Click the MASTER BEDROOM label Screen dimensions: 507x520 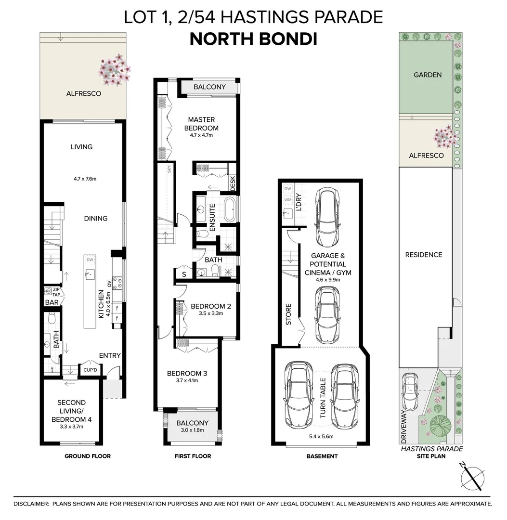(x=201, y=124)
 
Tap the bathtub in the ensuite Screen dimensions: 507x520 (x=230, y=209)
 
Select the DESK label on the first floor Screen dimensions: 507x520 (x=233, y=183)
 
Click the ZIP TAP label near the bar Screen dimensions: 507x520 (x=56, y=292)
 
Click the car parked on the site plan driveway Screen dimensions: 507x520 (x=410, y=391)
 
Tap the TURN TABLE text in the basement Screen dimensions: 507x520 (x=323, y=398)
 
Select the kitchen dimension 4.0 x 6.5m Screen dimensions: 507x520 (x=108, y=304)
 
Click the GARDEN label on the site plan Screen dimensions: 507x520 (x=428, y=75)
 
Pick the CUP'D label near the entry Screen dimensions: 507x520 (x=90, y=370)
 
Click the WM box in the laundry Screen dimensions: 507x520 (x=288, y=200)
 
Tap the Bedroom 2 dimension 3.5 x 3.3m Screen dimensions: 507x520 (x=211, y=313)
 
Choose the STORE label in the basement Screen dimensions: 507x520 (x=288, y=314)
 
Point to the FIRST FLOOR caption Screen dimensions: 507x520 (x=193, y=456)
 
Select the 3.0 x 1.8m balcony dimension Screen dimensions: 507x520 (x=192, y=430)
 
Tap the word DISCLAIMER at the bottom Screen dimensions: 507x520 (x=31, y=504)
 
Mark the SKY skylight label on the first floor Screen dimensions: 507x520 (x=169, y=169)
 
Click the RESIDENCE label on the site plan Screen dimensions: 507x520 (x=423, y=255)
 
